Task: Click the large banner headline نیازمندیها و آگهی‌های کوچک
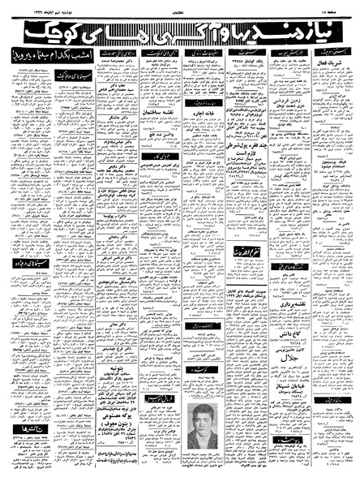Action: coord(180,31)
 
